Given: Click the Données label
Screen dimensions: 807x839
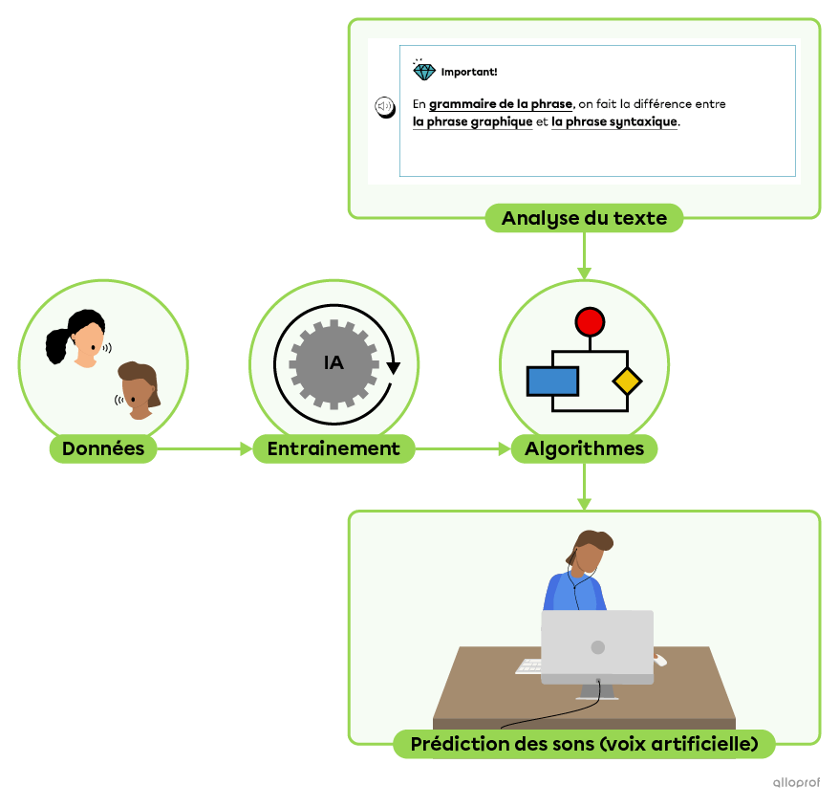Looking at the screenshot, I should tap(103, 448).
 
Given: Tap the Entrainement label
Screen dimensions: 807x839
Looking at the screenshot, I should tap(333, 448).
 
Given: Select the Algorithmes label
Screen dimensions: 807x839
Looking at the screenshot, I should tap(584, 448).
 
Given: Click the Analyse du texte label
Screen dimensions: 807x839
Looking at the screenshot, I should tap(584, 218).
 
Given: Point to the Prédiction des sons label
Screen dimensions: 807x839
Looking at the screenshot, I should tap(584, 744).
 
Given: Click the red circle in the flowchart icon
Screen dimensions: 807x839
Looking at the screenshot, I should tap(590, 322).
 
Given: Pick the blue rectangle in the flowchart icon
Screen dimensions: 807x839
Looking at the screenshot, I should tap(552, 381).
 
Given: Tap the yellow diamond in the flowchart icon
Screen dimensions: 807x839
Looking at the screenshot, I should tap(627, 382).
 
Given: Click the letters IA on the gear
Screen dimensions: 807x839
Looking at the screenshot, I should tap(333, 363).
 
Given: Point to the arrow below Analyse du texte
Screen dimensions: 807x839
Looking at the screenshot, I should tap(584, 255).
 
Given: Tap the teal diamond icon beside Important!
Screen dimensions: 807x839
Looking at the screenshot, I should tap(423, 71).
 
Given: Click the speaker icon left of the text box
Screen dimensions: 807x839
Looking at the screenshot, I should tap(383, 106).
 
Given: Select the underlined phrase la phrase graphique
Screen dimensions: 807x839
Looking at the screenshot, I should tap(472, 122).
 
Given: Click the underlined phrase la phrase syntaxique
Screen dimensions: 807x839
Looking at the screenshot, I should tap(614, 122).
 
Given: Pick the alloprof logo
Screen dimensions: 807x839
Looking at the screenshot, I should tap(797, 783).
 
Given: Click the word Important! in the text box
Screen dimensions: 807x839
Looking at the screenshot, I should tap(469, 72).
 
